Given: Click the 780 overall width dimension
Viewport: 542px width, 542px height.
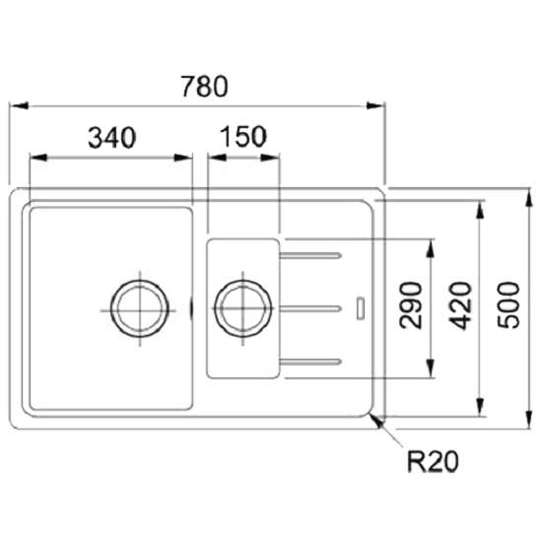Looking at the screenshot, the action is coord(205,87).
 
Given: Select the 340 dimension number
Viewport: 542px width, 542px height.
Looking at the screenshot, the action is coord(112,138).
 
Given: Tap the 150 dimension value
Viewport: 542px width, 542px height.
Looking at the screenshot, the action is coord(243,137).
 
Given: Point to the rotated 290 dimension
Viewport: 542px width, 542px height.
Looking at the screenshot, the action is coord(410,305).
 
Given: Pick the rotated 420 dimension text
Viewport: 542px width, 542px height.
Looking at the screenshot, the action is coord(460,305).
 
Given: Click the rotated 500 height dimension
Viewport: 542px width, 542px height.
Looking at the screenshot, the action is coord(508,305).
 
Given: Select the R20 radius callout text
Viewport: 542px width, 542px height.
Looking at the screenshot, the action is coord(433,461).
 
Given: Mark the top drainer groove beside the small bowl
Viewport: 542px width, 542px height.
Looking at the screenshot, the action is coord(310,256).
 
